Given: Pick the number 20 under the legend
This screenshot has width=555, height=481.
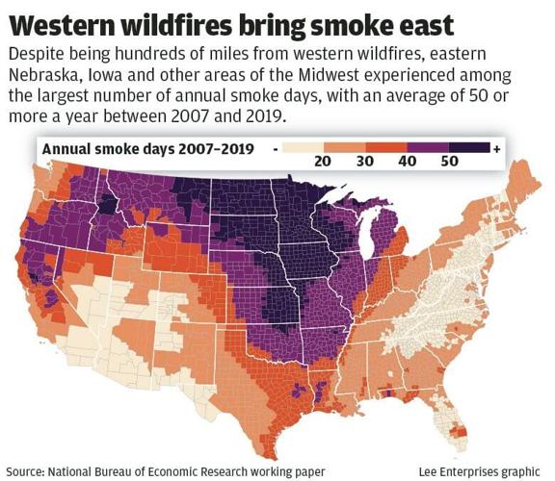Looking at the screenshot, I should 322,163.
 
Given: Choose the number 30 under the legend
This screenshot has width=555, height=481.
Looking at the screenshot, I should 366,163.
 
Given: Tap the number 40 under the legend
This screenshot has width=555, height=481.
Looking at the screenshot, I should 409,163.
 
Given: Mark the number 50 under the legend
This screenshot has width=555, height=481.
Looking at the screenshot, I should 450,163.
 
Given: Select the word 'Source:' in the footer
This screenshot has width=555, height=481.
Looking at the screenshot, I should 27,470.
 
